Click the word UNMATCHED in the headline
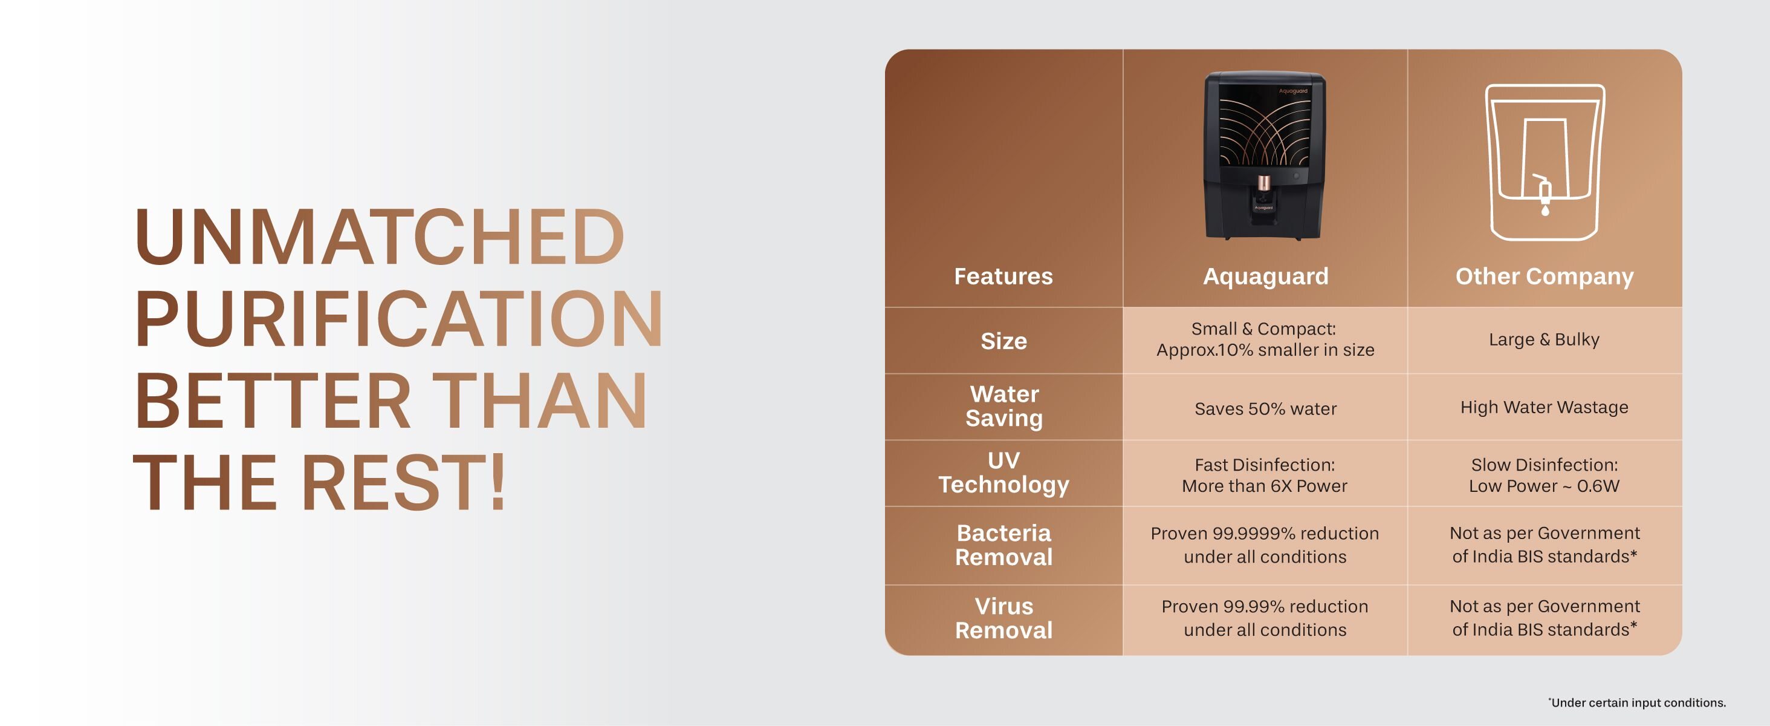[379, 237]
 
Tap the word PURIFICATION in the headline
[398, 318]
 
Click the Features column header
[1003, 276]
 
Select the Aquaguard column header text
[1266, 276]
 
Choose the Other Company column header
[1544, 276]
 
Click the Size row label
[1004, 341]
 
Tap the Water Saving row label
[1004, 405]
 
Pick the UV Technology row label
[1004, 473]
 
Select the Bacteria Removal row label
[1004, 544]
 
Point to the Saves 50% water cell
[1266, 408]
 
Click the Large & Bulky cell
[1544, 339]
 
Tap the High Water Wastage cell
[1544, 407]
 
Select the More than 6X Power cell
[1264, 485]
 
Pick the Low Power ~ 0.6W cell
[1544, 485]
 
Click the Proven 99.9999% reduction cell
[1264, 544]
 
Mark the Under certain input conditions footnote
[1638, 702]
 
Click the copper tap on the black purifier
[1263, 183]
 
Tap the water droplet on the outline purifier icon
[1545, 211]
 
